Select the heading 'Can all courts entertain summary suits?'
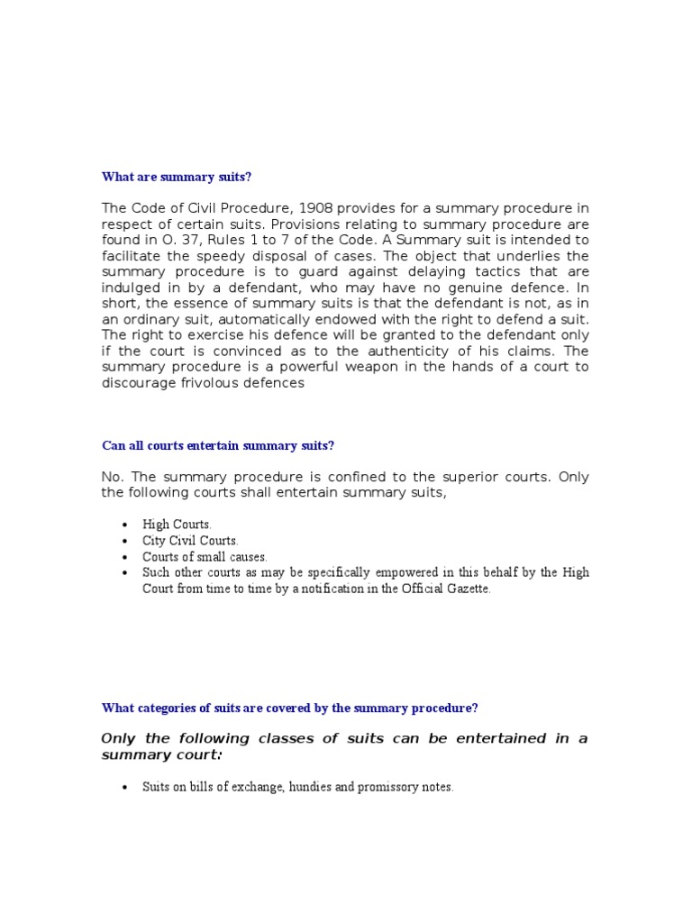(x=217, y=444)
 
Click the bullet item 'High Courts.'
(x=178, y=524)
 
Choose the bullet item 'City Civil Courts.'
(x=190, y=541)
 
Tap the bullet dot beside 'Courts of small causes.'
(x=124, y=557)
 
